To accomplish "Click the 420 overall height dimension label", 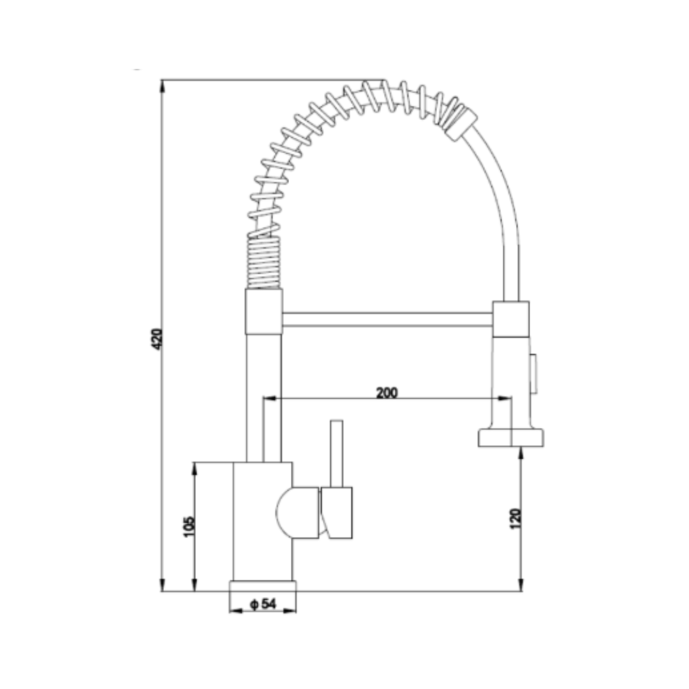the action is click(157, 339).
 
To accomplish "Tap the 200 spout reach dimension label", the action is click(387, 392).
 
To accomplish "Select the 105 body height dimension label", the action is click(188, 526).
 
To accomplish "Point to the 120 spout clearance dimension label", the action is click(515, 519).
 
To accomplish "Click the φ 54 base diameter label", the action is click(263, 604).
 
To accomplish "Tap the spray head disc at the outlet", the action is click(510, 438).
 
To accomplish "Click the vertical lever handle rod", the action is click(337, 454).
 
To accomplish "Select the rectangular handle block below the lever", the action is click(337, 512).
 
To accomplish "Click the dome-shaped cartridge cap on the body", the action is click(297, 512).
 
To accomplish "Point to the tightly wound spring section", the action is click(263, 262).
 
